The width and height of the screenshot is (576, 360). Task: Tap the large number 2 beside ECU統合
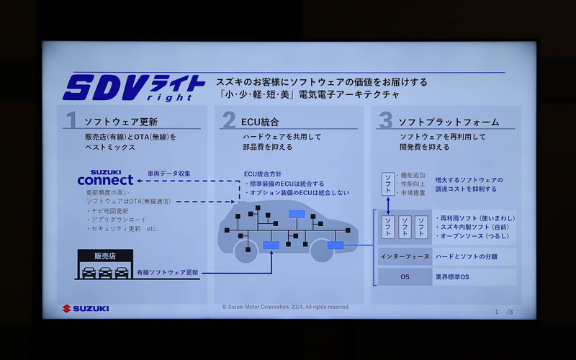pyautogui.click(x=228, y=121)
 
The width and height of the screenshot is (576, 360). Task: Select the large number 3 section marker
pyautogui.click(x=385, y=121)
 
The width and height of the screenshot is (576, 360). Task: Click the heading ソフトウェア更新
pyautogui.click(x=121, y=122)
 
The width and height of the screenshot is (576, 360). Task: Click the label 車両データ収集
pyautogui.click(x=169, y=174)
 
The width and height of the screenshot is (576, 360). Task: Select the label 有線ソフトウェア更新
pyautogui.click(x=168, y=273)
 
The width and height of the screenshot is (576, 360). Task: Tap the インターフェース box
pyautogui.click(x=405, y=256)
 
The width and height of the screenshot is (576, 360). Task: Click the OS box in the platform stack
pyautogui.click(x=405, y=276)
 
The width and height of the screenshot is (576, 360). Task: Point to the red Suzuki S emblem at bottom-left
pyautogui.click(x=66, y=308)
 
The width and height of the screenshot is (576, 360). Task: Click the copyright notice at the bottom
pyautogui.click(x=286, y=307)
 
